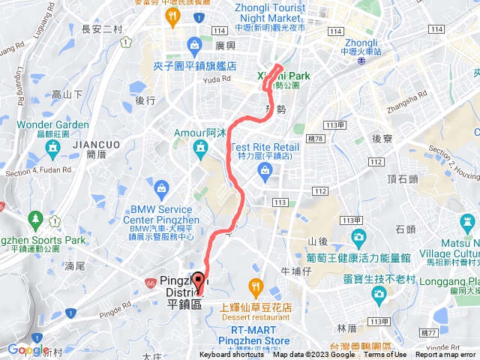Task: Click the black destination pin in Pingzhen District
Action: [198, 280]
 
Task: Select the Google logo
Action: [28, 349]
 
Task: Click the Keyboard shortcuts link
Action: [231, 355]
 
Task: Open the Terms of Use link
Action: [385, 355]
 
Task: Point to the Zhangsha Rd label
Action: [412, 99]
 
